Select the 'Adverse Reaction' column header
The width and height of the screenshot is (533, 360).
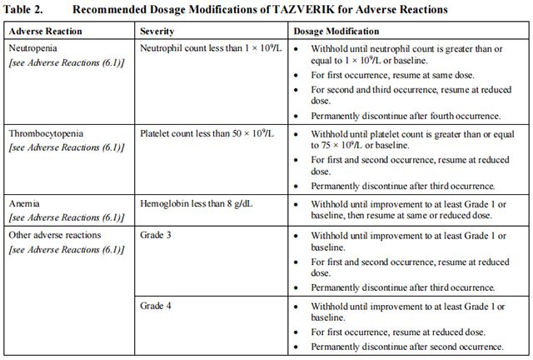click(x=44, y=30)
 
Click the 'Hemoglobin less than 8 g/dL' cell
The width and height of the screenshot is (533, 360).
click(x=197, y=202)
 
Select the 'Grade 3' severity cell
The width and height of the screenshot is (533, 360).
click(x=157, y=235)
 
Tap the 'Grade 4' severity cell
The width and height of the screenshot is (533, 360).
click(x=157, y=306)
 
